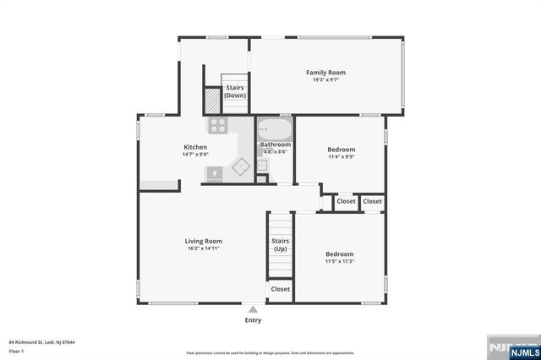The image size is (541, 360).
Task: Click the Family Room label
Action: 325,73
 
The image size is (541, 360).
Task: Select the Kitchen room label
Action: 195,147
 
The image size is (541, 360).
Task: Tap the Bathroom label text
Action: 275,145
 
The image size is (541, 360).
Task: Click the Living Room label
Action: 203,242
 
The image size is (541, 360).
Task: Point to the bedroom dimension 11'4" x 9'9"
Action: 341,156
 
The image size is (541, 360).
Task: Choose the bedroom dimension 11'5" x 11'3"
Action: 340,261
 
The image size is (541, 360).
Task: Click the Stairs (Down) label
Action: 234,91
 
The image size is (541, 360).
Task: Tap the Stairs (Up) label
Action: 280,245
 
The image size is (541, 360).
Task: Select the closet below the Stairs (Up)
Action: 280,289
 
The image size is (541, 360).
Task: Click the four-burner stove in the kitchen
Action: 218,127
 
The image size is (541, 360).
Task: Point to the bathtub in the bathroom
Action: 275,130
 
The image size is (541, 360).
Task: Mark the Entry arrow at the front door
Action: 253,310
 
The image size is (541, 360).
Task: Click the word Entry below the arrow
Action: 253,320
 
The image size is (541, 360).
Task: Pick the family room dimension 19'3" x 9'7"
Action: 325,80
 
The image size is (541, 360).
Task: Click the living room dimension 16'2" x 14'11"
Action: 203,249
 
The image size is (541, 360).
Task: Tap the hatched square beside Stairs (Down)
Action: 211,101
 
